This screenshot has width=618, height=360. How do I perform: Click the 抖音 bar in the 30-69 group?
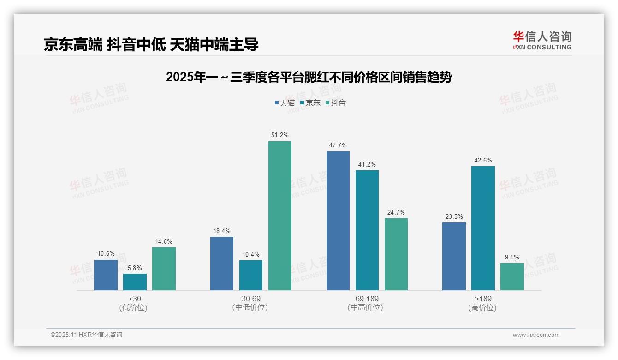280,216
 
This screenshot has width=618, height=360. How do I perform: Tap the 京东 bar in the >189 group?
483,228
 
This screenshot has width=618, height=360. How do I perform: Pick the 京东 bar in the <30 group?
135,282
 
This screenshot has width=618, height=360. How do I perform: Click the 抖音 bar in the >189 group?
512,276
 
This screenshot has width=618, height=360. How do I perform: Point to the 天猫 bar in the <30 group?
106,275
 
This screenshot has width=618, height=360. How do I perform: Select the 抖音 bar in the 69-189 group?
396,254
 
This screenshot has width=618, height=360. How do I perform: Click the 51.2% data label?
280,135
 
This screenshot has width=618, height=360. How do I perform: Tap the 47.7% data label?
338,145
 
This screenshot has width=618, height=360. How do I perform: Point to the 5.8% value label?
135,268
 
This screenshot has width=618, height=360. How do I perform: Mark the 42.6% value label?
483,161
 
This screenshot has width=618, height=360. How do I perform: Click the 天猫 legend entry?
285,103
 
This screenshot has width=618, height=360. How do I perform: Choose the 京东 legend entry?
310,103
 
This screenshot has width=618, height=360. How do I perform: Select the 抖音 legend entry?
335,103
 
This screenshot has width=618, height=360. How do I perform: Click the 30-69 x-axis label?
250,303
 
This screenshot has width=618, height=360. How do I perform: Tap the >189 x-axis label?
483,303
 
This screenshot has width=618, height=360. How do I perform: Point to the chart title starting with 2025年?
309,77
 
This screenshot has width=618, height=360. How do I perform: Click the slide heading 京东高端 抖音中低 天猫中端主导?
151,44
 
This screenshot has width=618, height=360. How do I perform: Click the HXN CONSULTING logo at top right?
542,41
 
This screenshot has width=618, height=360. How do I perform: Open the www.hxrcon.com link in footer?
536,335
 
